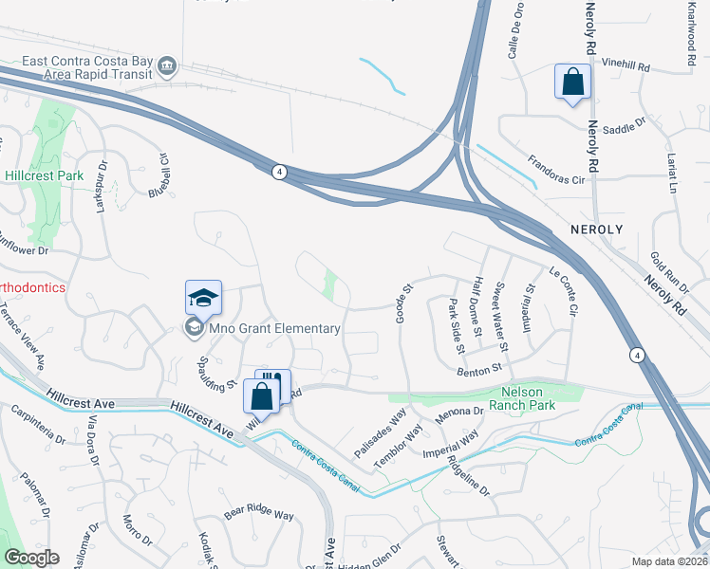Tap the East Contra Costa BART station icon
point(168,64)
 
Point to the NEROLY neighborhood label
point(596,230)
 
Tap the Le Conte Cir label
point(563,290)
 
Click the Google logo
point(31,558)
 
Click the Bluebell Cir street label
point(158,176)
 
